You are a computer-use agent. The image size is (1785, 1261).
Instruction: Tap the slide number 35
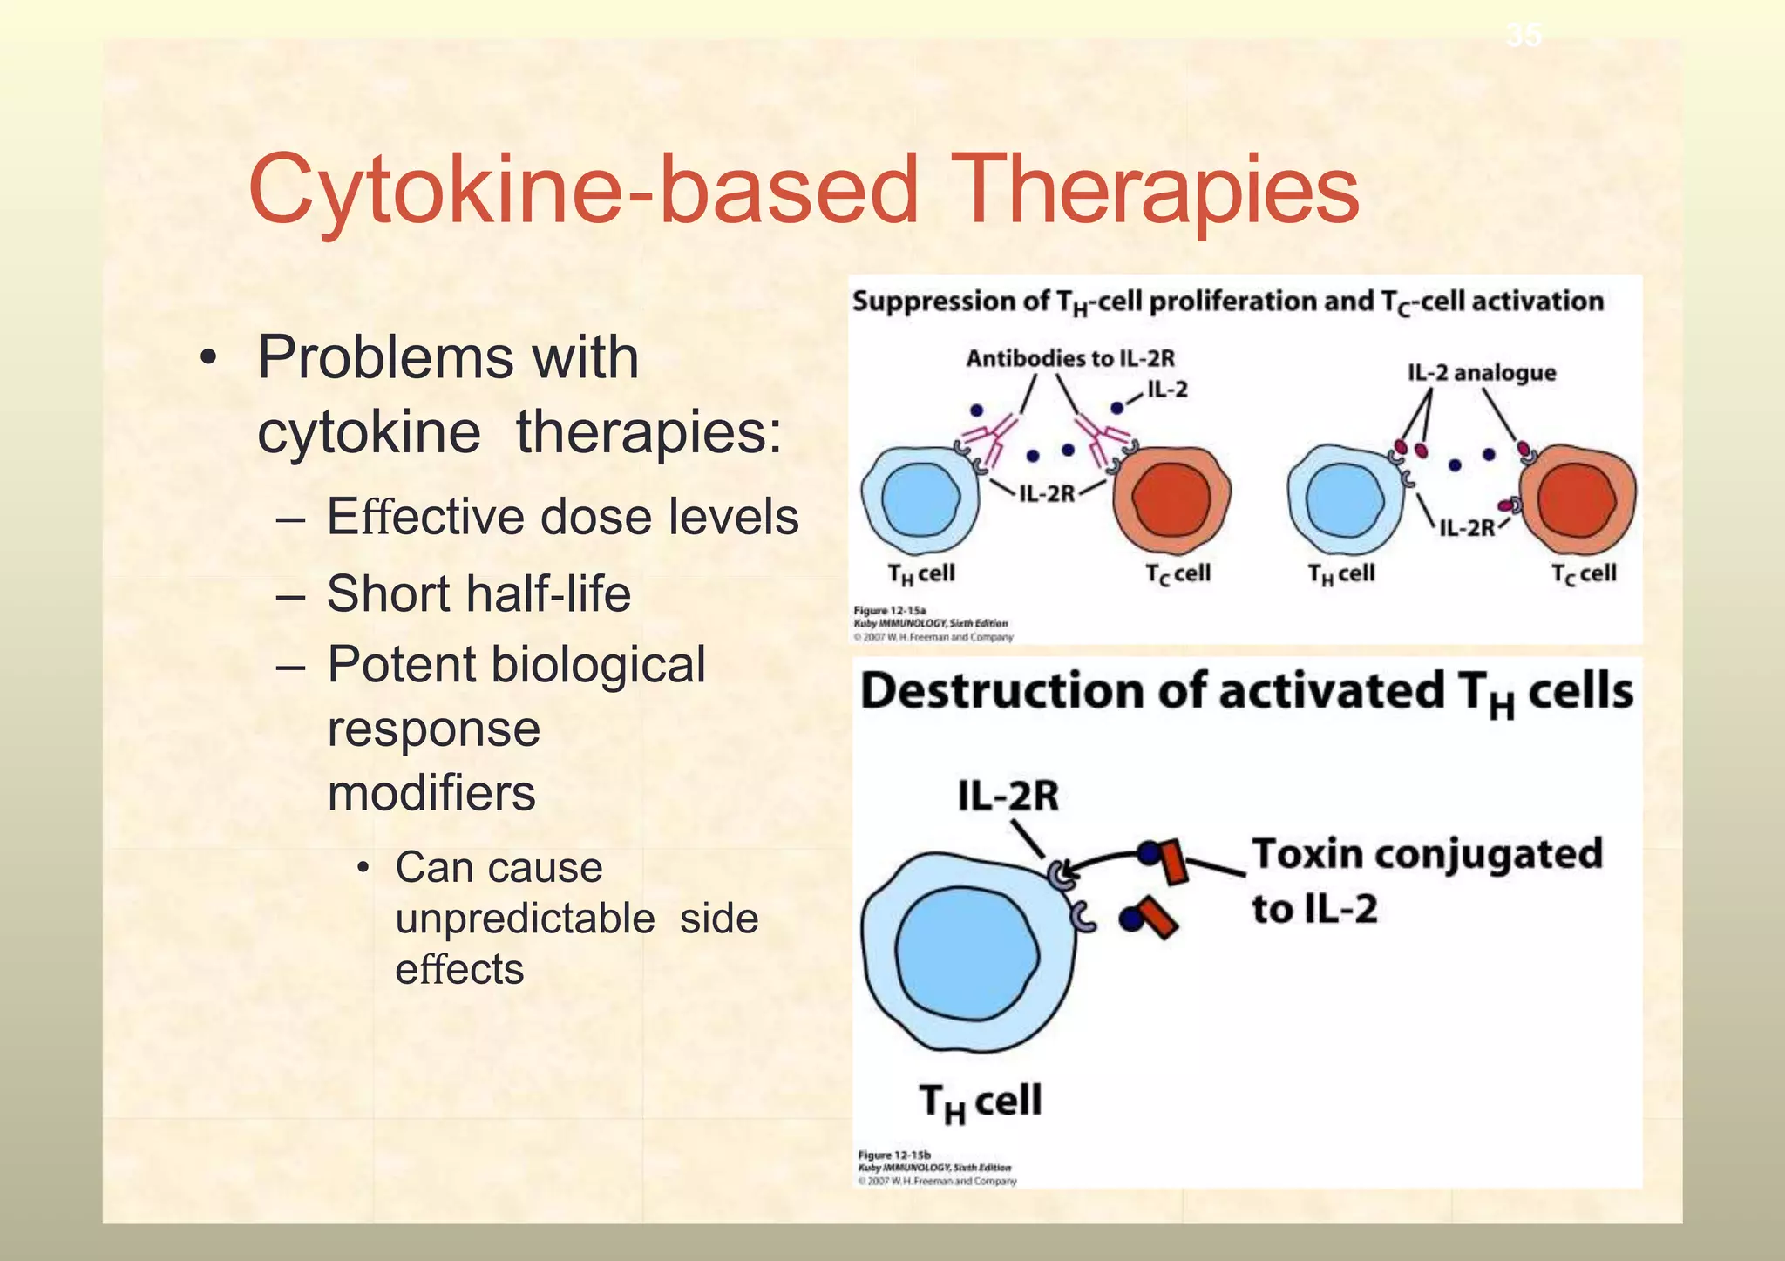click(x=1523, y=35)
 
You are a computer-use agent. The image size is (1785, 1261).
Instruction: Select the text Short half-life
click(x=478, y=593)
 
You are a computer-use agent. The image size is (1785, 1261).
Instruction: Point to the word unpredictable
click(x=524, y=919)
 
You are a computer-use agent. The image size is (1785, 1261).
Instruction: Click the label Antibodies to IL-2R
click(x=1069, y=358)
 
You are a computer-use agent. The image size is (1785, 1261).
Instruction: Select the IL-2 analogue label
click(x=1481, y=373)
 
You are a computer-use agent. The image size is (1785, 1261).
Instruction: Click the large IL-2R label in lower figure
click(x=1008, y=796)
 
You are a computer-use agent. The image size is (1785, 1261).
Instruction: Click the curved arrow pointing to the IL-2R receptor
click(x=1103, y=860)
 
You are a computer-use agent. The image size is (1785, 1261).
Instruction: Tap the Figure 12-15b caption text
click(x=936, y=1168)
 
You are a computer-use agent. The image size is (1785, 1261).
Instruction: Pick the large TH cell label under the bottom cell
click(x=981, y=1102)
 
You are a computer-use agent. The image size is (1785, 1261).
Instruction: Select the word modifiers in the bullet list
click(x=431, y=793)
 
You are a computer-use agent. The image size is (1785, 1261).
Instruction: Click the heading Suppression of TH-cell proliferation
click(x=1226, y=302)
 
